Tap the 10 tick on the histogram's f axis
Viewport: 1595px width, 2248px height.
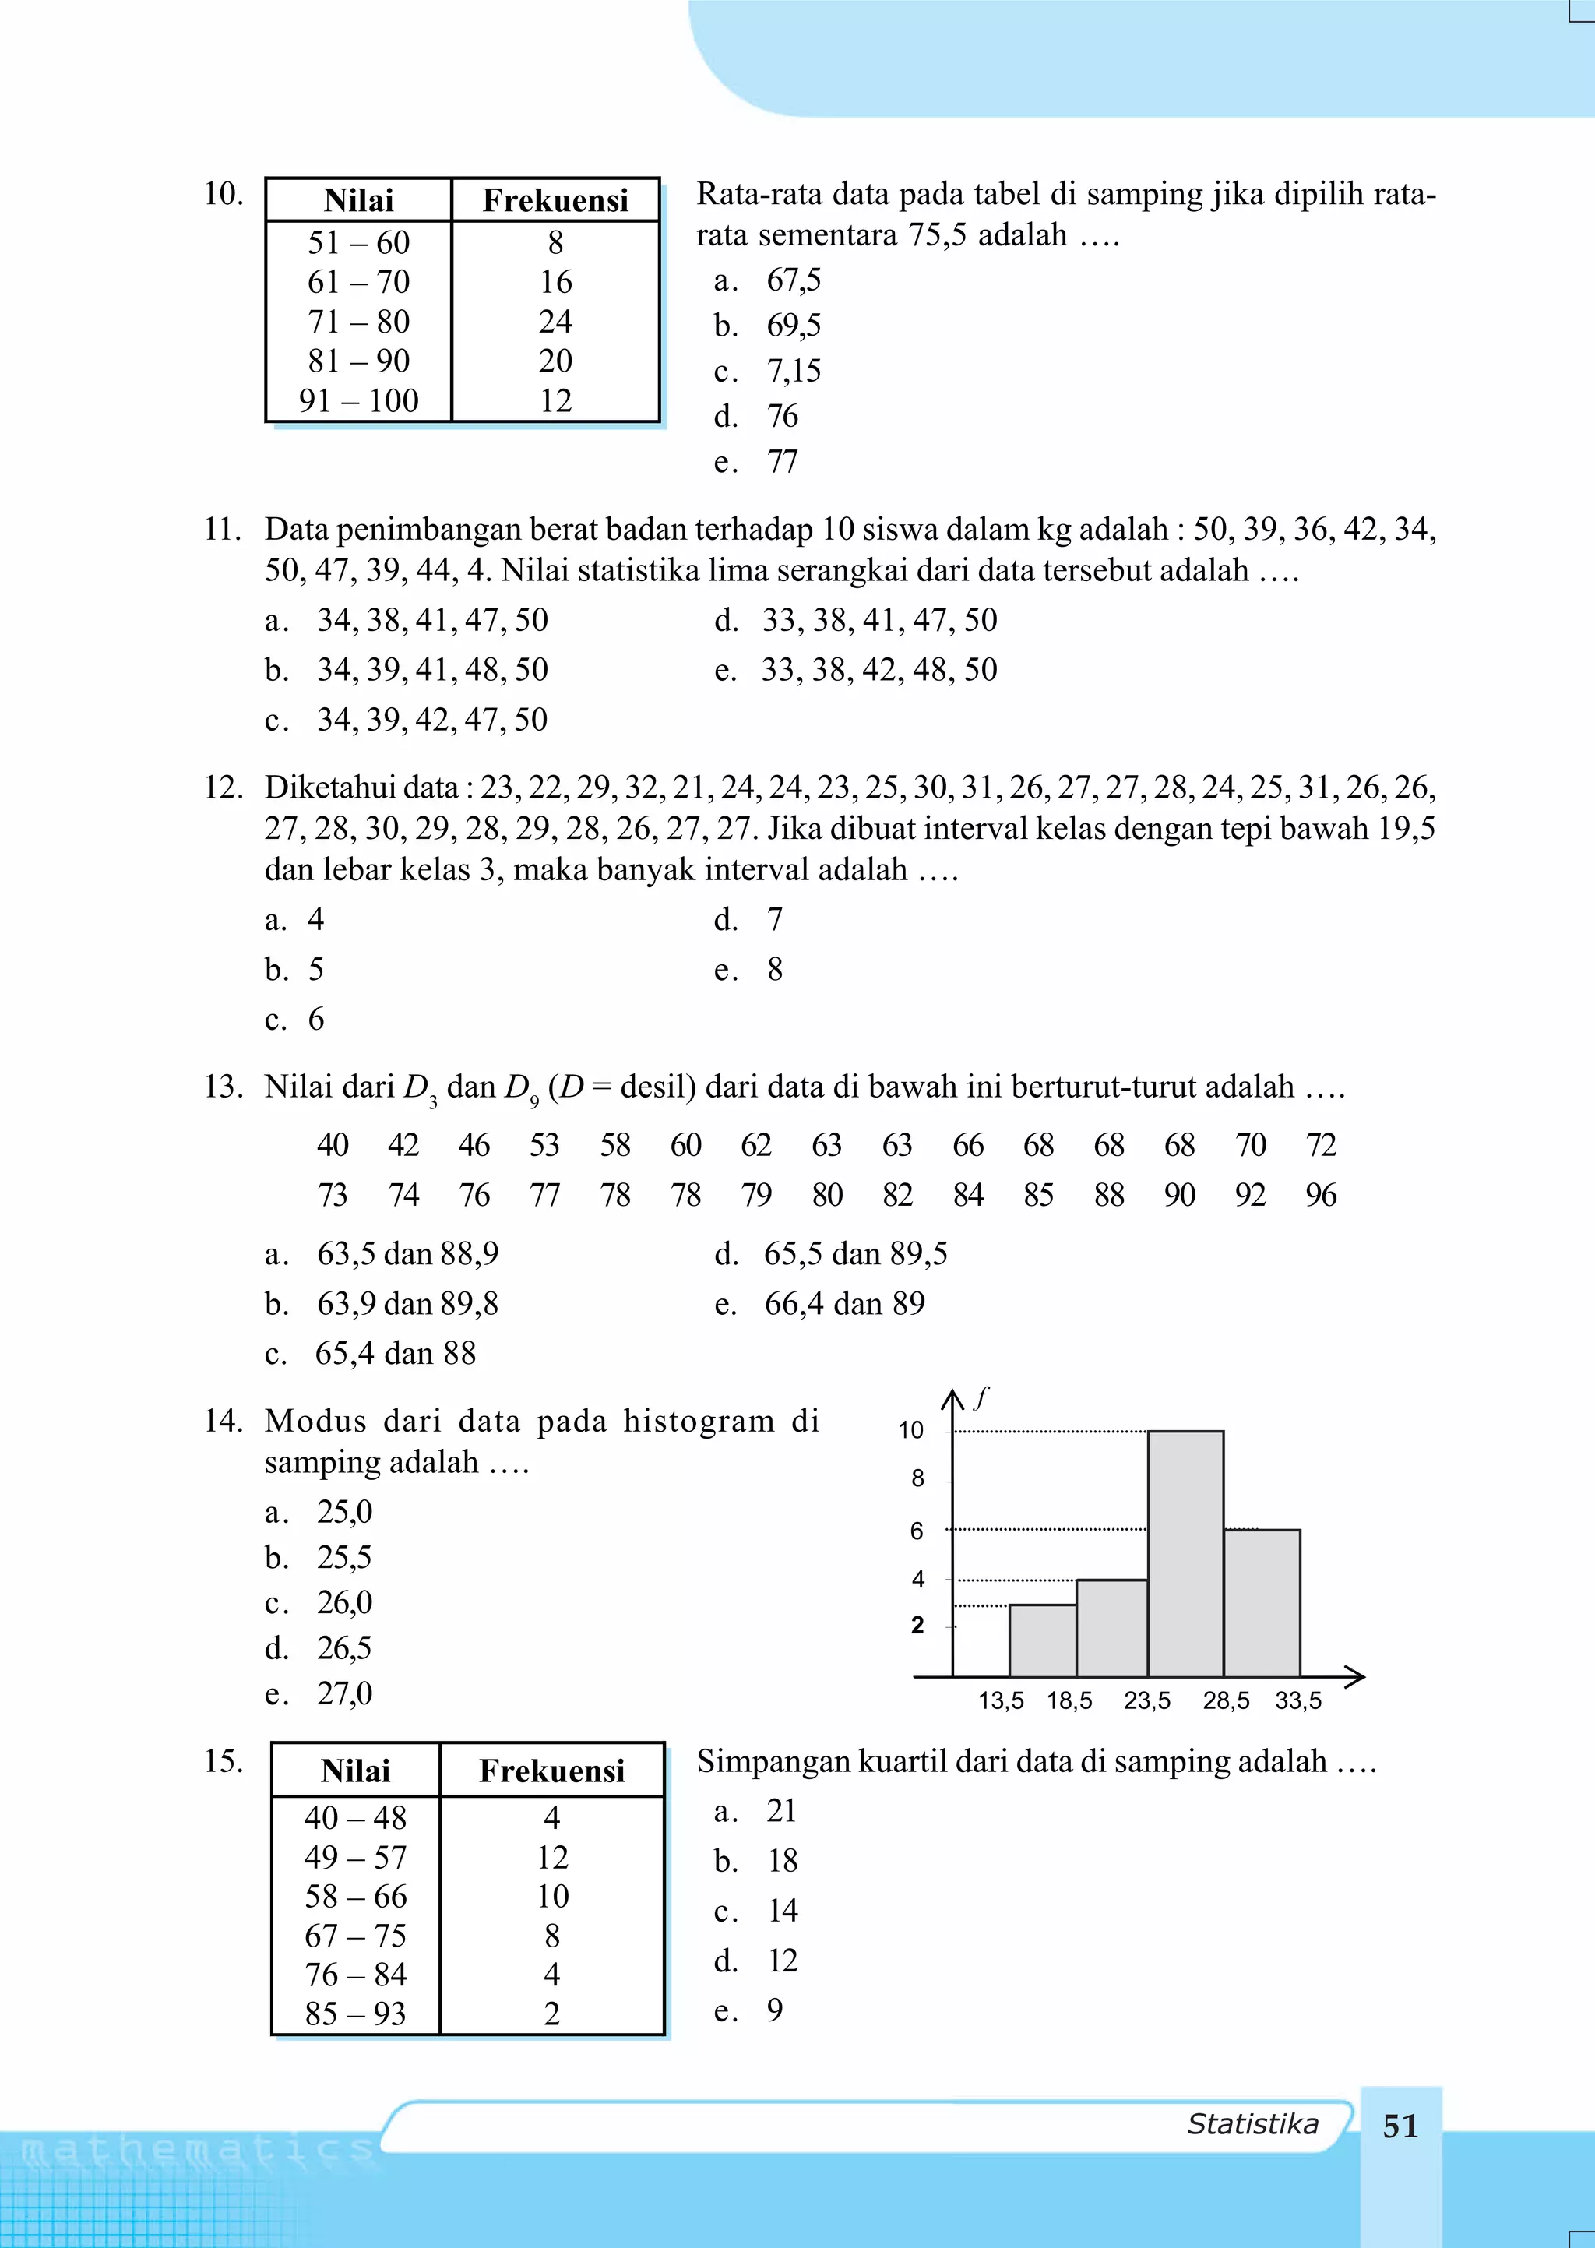[x=911, y=1431]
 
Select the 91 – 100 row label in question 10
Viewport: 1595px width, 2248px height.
[x=358, y=400]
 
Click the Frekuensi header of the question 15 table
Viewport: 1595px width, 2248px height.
[x=552, y=1771]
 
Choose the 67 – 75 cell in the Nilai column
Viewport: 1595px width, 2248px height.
[x=356, y=1936]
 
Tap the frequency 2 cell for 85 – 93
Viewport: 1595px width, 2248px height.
[x=552, y=2014]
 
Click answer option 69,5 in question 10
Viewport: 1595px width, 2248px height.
[x=794, y=325]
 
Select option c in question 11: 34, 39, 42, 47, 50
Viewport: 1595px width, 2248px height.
[x=431, y=720]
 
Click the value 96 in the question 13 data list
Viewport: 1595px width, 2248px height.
[x=1321, y=1195]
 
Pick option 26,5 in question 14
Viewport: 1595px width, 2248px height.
[x=343, y=1648]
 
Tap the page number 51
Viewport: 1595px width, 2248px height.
[x=1400, y=2126]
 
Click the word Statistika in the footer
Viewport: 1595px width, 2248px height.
[x=1252, y=2124]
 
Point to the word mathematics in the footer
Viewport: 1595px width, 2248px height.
[x=196, y=2151]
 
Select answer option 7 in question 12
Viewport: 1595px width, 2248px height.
[x=775, y=920]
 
